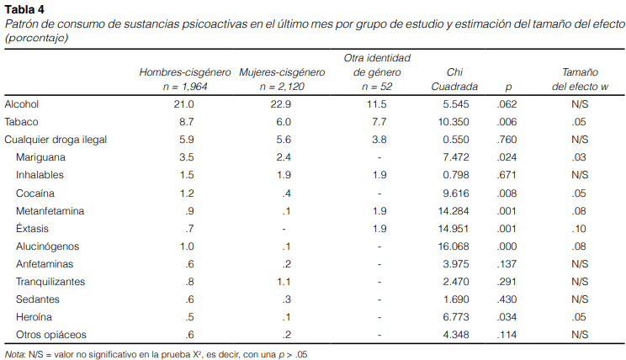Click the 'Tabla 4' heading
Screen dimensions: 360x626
coord(24,9)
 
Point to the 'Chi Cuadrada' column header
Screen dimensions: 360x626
coord(454,79)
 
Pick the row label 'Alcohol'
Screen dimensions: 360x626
coord(22,104)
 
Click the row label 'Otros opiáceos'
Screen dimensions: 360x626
coord(50,334)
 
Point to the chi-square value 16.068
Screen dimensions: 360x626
coord(460,246)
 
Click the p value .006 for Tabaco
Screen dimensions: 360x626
coord(507,122)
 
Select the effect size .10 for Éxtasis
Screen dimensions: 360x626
coord(579,228)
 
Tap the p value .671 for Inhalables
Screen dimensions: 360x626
coord(507,175)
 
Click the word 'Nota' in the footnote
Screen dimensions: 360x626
coord(13,354)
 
